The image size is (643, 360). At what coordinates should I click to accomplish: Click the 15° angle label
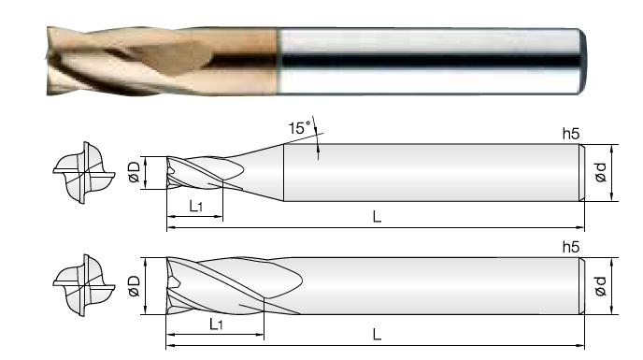click(299, 128)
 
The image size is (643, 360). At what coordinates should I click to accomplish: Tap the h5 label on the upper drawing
click(571, 134)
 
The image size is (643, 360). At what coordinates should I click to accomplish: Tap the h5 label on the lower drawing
click(571, 247)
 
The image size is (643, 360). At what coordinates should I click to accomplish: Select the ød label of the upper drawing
click(601, 172)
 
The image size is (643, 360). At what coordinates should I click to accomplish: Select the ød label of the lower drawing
click(601, 286)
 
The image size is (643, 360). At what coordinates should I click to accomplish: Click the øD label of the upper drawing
click(134, 172)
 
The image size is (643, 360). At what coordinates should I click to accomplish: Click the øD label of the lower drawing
click(134, 286)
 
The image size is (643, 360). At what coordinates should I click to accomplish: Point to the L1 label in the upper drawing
click(196, 206)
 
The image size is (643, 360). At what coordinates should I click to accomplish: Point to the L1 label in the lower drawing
click(216, 324)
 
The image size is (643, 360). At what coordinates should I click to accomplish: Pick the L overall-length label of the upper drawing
click(377, 216)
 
